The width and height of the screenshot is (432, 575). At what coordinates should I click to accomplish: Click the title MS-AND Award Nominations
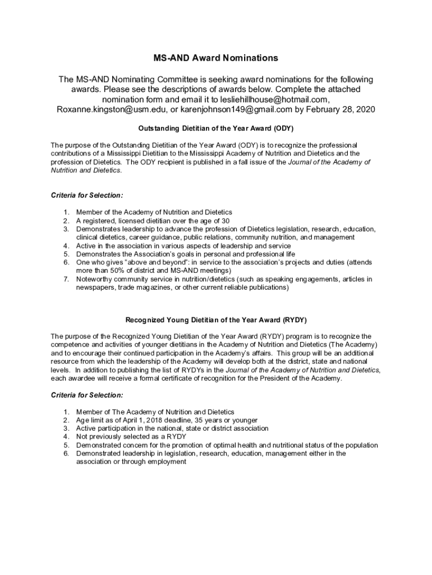click(x=216, y=58)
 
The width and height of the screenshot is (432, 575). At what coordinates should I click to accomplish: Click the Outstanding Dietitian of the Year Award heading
click(x=216, y=128)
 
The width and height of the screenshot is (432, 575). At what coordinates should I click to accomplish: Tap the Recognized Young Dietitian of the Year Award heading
click(x=216, y=321)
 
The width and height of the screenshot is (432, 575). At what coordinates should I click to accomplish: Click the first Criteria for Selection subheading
click(x=87, y=195)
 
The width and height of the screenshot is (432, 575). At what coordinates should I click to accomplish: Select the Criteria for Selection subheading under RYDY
click(x=87, y=395)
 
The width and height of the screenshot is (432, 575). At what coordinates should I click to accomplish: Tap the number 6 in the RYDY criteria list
click(x=66, y=453)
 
